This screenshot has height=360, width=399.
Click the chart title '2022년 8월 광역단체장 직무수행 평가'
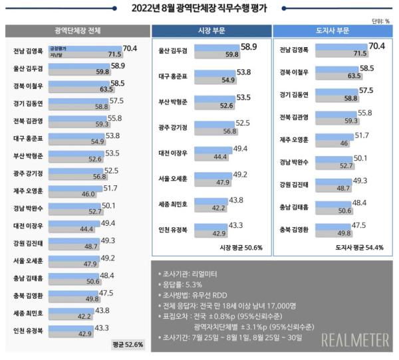click(199, 8)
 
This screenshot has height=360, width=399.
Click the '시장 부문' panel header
click(211, 32)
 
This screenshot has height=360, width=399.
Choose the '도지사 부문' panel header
click(332, 32)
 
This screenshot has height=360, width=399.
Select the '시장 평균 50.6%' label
click(241, 247)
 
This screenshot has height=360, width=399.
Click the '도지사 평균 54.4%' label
click(362, 247)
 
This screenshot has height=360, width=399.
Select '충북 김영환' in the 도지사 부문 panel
click(296, 229)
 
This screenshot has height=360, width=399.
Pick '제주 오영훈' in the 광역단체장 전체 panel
click(29, 189)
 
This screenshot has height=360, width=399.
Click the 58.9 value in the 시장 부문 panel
click(249, 47)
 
